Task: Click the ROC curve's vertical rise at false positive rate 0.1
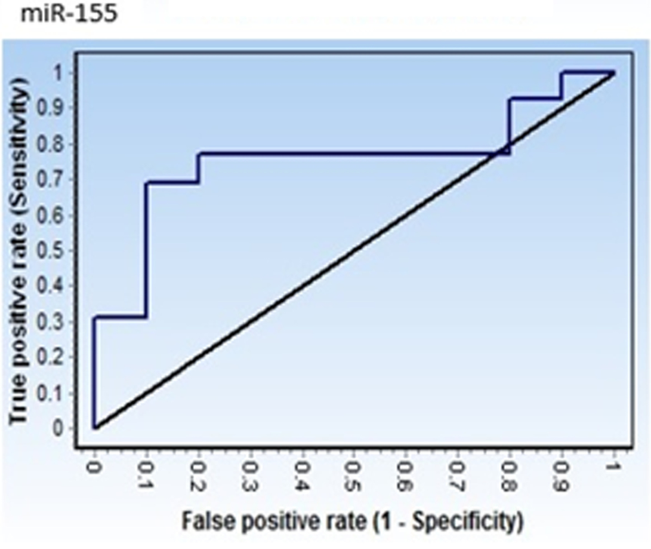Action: click(146, 247)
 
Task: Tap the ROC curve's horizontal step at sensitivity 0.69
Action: click(172, 182)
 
